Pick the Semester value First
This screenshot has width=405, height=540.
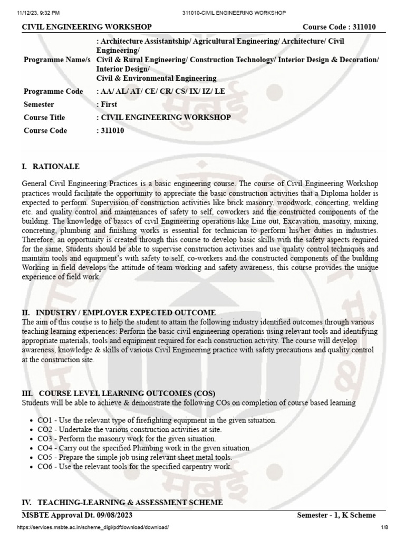click(108, 104)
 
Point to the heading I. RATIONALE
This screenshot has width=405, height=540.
click(51, 167)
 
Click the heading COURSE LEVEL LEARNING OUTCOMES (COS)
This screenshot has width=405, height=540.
click(119, 394)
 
